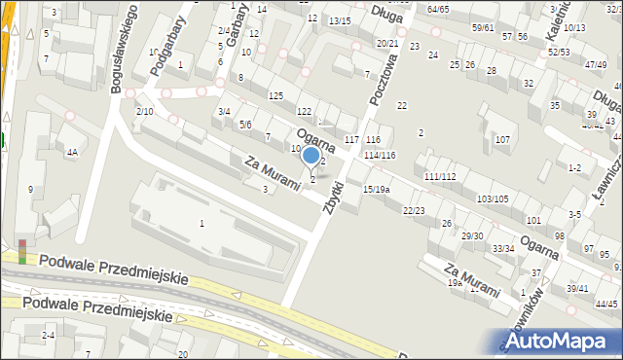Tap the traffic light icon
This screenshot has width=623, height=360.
pos(22,251)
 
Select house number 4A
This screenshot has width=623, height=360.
pos(71,153)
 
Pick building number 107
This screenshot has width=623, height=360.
pos(502,140)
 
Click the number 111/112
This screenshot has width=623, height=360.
pos(440,176)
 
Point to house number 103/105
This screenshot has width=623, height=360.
pos(492,198)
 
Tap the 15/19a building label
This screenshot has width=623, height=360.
pos(376,189)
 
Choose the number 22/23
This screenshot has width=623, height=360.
pos(414,210)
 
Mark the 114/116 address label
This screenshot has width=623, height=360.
pos(380,156)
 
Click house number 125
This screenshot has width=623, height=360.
pos(275,94)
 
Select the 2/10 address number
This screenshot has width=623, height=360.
pos(144,112)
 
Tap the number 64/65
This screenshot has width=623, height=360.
pos(438,9)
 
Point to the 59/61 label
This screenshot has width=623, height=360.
pos(483,27)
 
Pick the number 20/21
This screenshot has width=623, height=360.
pos(387,44)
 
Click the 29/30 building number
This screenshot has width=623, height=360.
pos(472,235)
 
